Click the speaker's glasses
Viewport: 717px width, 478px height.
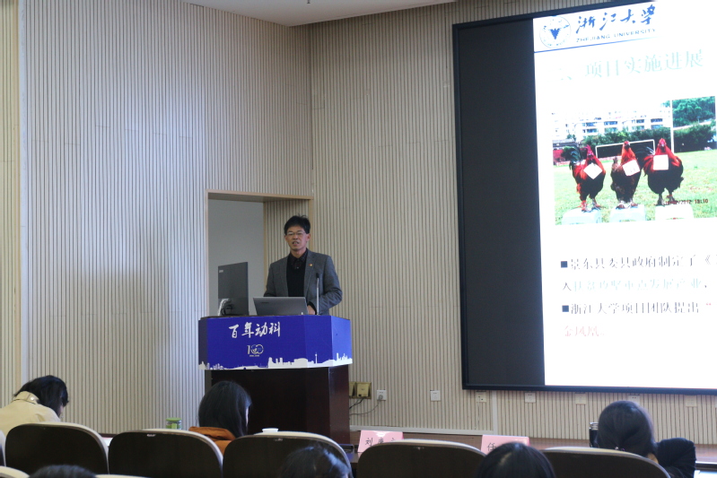296,233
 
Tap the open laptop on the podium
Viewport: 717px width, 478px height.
280,306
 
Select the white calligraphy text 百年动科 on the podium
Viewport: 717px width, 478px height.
253,329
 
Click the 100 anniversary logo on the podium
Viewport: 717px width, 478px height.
256,350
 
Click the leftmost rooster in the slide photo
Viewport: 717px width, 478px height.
588,176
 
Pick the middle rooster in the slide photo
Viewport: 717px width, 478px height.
625,174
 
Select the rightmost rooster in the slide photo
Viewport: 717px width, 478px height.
663,170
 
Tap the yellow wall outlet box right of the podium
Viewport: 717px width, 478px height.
362,389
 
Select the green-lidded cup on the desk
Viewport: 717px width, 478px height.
173,423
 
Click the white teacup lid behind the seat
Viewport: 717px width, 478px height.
270,430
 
